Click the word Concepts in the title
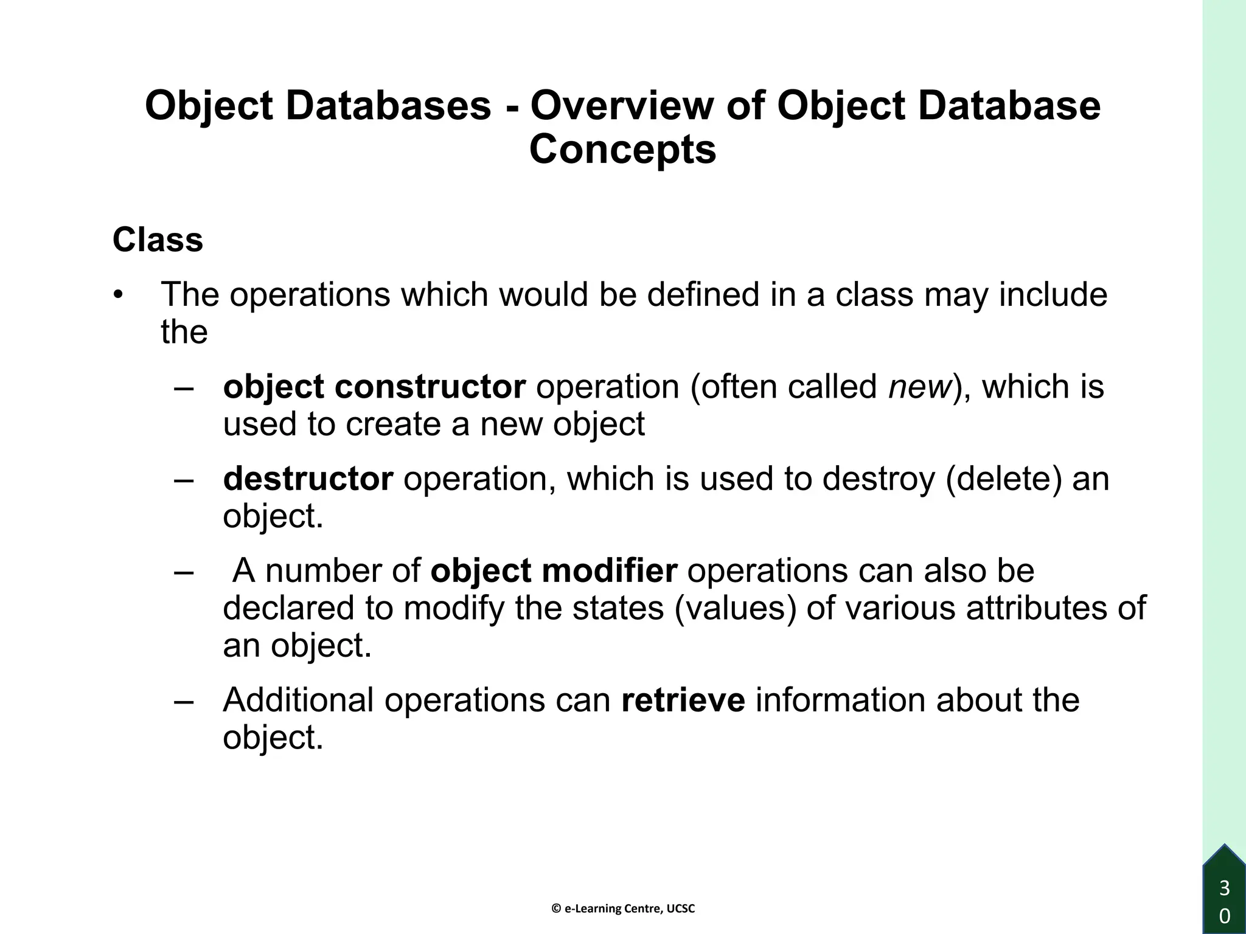[622, 150]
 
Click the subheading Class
[158, 240]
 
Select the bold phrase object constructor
[374, 387]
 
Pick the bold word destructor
[308, 479]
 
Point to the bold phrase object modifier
[554, 571]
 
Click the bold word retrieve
[683, 700]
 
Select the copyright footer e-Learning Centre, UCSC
[623, 908]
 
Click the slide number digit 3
[1225, 888]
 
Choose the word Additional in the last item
[298, 700]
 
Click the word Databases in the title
[388, 105]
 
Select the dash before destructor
[183, 479]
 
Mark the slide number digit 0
[1225, 916]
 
